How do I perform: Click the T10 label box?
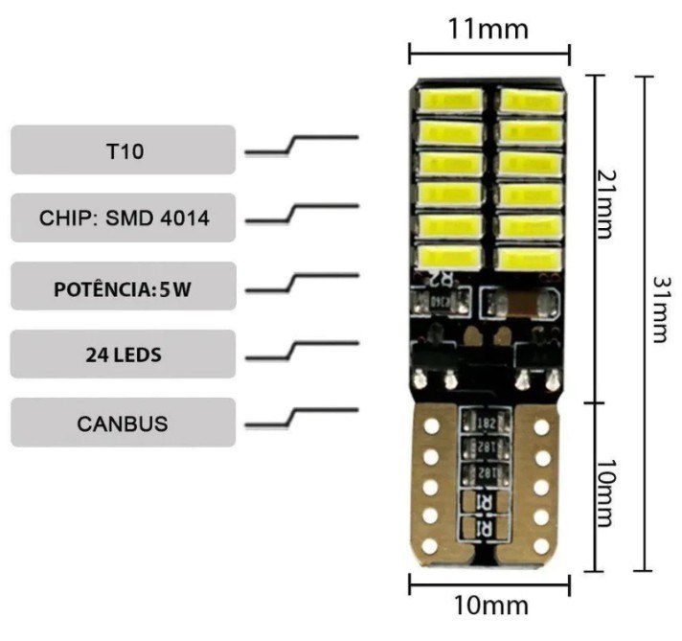(123, 150)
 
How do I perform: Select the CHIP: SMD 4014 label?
(123, 217)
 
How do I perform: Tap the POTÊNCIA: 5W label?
(123, 286)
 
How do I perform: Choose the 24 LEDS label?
(123, 355)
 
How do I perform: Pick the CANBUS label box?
(123, 423)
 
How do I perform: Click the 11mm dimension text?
(489, 29)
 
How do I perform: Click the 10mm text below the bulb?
(489, 606)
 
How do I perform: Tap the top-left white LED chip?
(450, 99)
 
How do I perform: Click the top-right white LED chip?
(530, 99)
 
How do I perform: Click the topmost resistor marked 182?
(484, 423)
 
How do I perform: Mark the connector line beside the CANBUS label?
(302, 418)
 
